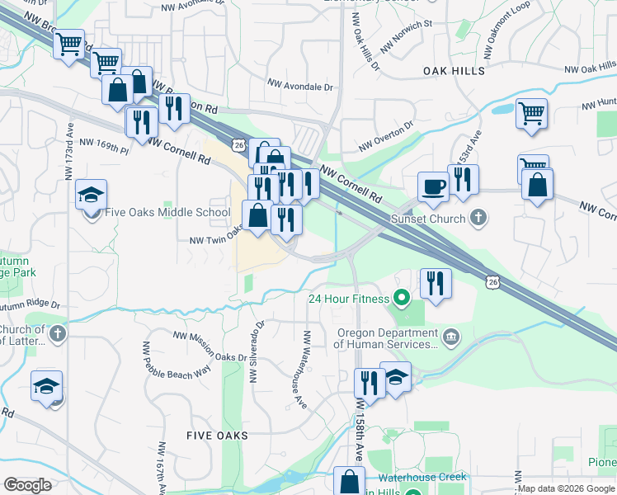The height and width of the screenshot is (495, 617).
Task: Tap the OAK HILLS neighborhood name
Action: click(x=454, y=72)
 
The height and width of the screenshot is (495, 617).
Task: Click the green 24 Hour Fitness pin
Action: click(x=402, y=297)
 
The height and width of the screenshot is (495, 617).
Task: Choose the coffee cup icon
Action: click(x=433, y=186)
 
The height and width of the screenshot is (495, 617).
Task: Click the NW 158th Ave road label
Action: click(x=360, y=431)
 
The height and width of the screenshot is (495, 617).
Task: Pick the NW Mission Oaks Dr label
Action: click(x=210, y=346)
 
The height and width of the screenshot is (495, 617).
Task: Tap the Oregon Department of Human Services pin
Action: click(x=451, y=335)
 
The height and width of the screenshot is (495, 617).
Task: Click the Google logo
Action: click(x=28, y=484)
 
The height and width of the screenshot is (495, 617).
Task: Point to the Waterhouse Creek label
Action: click(x=422, y=477)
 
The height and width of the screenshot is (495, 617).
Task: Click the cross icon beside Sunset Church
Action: click(x=478, y=219)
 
